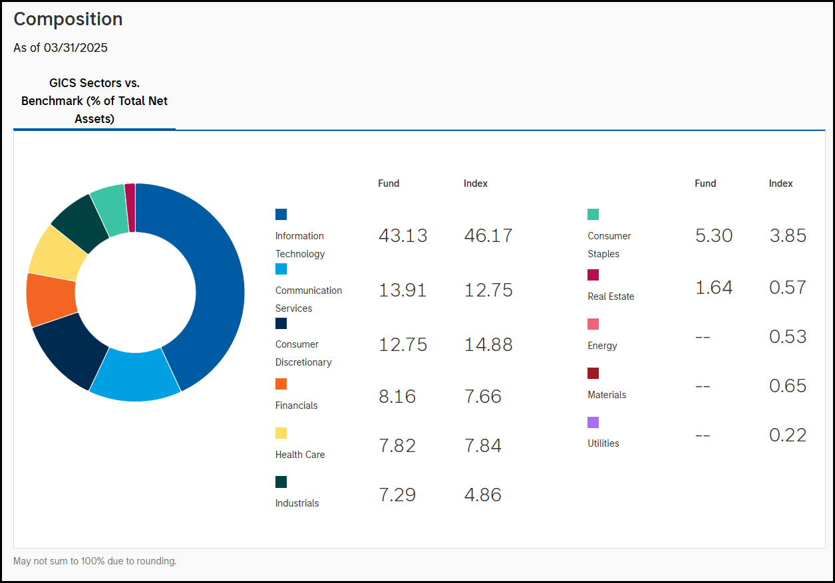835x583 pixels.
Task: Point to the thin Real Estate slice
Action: pos(130,207)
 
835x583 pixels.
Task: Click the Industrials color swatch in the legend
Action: pos(281,482)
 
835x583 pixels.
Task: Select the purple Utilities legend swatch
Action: pos(593,422)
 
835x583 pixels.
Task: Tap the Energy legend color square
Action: pos(593,324)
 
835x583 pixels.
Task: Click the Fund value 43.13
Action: pos(403,236)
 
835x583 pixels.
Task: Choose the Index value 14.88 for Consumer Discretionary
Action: pos(488,345)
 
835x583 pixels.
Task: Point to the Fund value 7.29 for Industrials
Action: pos(397,495)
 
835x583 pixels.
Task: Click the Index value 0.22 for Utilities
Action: pos(787,435)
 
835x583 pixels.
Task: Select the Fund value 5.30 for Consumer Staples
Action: pos(713,236)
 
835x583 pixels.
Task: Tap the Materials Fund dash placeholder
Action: pos(702,386)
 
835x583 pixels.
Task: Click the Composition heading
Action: pos(68,19)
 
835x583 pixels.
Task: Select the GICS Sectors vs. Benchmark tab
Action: pos(94,101)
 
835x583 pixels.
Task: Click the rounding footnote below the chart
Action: pos(94,561)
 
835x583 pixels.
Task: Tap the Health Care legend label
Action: pos(300,455)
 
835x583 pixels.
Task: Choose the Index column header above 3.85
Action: pos(780,183)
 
